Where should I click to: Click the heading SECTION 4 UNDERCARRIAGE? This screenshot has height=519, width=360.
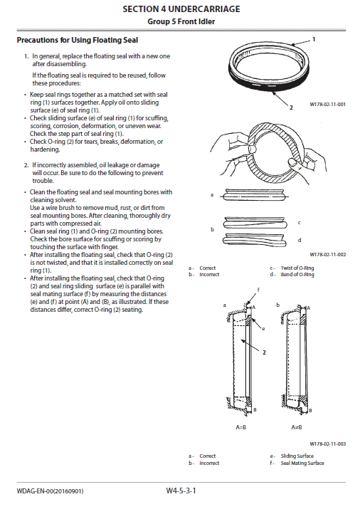(181, 9)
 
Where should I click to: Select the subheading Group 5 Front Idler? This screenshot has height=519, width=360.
(181, 21)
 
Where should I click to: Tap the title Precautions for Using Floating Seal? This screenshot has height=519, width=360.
(77, 40)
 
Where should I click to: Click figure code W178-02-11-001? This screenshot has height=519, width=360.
(327, 104)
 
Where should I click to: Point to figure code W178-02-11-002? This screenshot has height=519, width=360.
(327, 254)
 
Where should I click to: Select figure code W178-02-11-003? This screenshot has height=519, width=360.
(327, 444)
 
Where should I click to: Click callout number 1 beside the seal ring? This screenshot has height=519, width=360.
(314, 40)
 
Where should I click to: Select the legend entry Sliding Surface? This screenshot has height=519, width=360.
(297, 456)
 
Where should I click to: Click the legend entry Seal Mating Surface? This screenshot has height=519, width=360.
(302, 463)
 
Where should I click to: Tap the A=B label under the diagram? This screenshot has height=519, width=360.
(243, 426)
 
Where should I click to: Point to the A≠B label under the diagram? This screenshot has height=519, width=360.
(296, 426)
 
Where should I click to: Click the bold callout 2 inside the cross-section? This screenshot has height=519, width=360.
(263, 352)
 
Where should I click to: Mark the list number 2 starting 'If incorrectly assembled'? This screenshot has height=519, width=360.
(26, 164)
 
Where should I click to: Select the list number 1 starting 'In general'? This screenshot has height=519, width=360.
(26, 56)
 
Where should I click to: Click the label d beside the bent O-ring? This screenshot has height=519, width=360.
(299, 239)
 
